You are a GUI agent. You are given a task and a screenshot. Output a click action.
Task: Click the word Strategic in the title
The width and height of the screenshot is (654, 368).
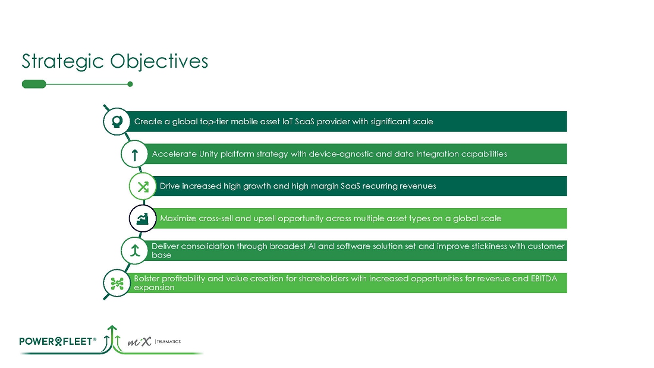[x=62, y=62]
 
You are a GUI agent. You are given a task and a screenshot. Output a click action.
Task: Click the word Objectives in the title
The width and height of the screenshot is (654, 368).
[x=159, y=61]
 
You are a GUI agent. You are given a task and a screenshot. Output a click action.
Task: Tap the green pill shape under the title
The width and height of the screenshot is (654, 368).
[x=34, y=84]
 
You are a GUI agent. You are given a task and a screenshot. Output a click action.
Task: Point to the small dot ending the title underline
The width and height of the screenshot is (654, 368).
[x=130, y=84]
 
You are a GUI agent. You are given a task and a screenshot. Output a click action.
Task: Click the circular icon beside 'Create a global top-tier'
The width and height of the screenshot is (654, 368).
[x=117, y=121]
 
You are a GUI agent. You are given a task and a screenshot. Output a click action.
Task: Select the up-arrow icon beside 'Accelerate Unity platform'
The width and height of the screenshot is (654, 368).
[x=134, y=154]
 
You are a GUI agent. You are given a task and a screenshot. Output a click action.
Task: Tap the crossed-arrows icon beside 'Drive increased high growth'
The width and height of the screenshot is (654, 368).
[x=143, y=186]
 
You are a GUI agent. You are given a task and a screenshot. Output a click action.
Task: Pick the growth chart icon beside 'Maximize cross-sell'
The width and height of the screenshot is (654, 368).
[x=143, y=218]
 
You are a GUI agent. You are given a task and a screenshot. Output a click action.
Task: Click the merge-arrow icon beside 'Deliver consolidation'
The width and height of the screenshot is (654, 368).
[x=134, y=250]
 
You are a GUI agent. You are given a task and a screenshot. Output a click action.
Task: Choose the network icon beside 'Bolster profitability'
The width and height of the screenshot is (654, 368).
[x=117, y=283]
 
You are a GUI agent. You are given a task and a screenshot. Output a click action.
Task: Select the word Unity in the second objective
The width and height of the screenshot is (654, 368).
[x=209, y=154]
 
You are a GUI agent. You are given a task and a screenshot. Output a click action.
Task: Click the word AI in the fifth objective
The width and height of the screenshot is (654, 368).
[x=312, y=246]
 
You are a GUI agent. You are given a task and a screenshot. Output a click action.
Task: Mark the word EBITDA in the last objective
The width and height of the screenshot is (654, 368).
[x=544, y=278]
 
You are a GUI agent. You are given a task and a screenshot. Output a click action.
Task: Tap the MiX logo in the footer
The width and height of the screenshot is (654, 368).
[x=139, y=342]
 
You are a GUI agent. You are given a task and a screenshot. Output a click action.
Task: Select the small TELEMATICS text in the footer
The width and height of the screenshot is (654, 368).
[x=168, y=342]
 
